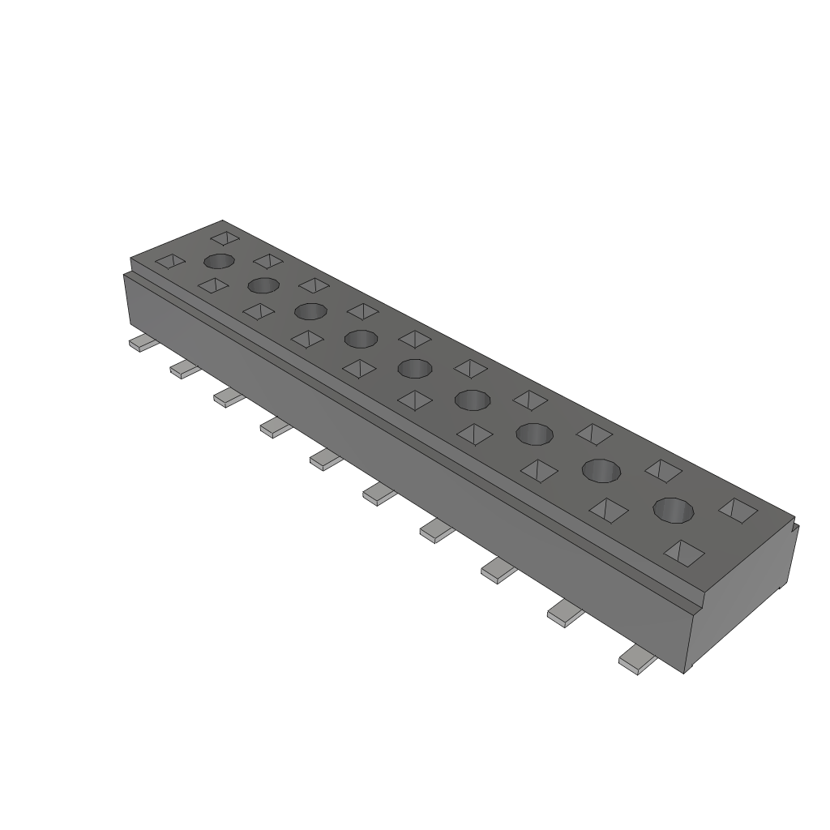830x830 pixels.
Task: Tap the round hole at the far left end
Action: click(x=220, y=261)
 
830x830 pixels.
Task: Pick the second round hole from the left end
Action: click(x=263, y=285)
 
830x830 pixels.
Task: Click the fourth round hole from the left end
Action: click(x=361, y=338)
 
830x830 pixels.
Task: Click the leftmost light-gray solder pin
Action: click(x=142, y=344)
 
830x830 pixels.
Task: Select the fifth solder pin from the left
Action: click(x=325, y=460)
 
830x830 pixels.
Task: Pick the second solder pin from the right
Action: click(x=566, y=614)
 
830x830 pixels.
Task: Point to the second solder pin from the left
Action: click(x=185, y=370)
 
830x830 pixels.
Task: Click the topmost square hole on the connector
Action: click(x=226, y=238)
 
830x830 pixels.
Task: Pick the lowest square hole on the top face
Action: click(x=683, y=553)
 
